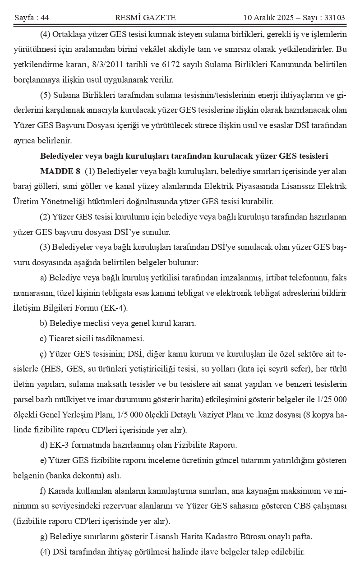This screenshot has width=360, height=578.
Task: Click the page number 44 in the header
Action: [x=44, y=18]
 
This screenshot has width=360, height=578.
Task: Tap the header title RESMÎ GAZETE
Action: [x=145, y=18]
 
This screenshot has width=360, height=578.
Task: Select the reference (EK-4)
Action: [x=116, y=308]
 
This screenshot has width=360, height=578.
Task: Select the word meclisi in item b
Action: [x=95, y=323]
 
